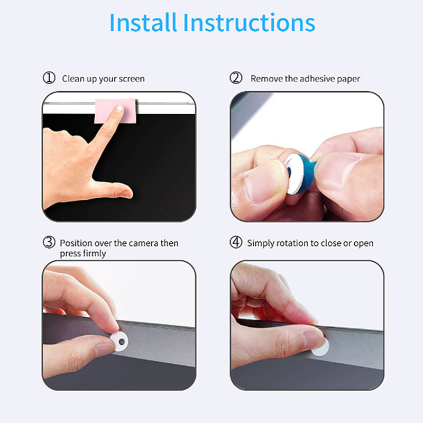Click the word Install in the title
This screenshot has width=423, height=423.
pos(143,23)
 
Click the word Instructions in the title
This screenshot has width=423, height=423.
pos(249,23)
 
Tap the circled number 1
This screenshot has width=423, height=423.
pos(49,78)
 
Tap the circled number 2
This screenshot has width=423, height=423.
pos(236,78)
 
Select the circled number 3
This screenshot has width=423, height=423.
pos(49,242)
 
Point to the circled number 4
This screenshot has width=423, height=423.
pos(236,242)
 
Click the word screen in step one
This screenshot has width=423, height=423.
pos(132,79)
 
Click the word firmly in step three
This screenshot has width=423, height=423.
pos(95,254)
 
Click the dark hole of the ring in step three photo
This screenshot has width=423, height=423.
pos(122,342)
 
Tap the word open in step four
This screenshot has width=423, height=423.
pos(364,244)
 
